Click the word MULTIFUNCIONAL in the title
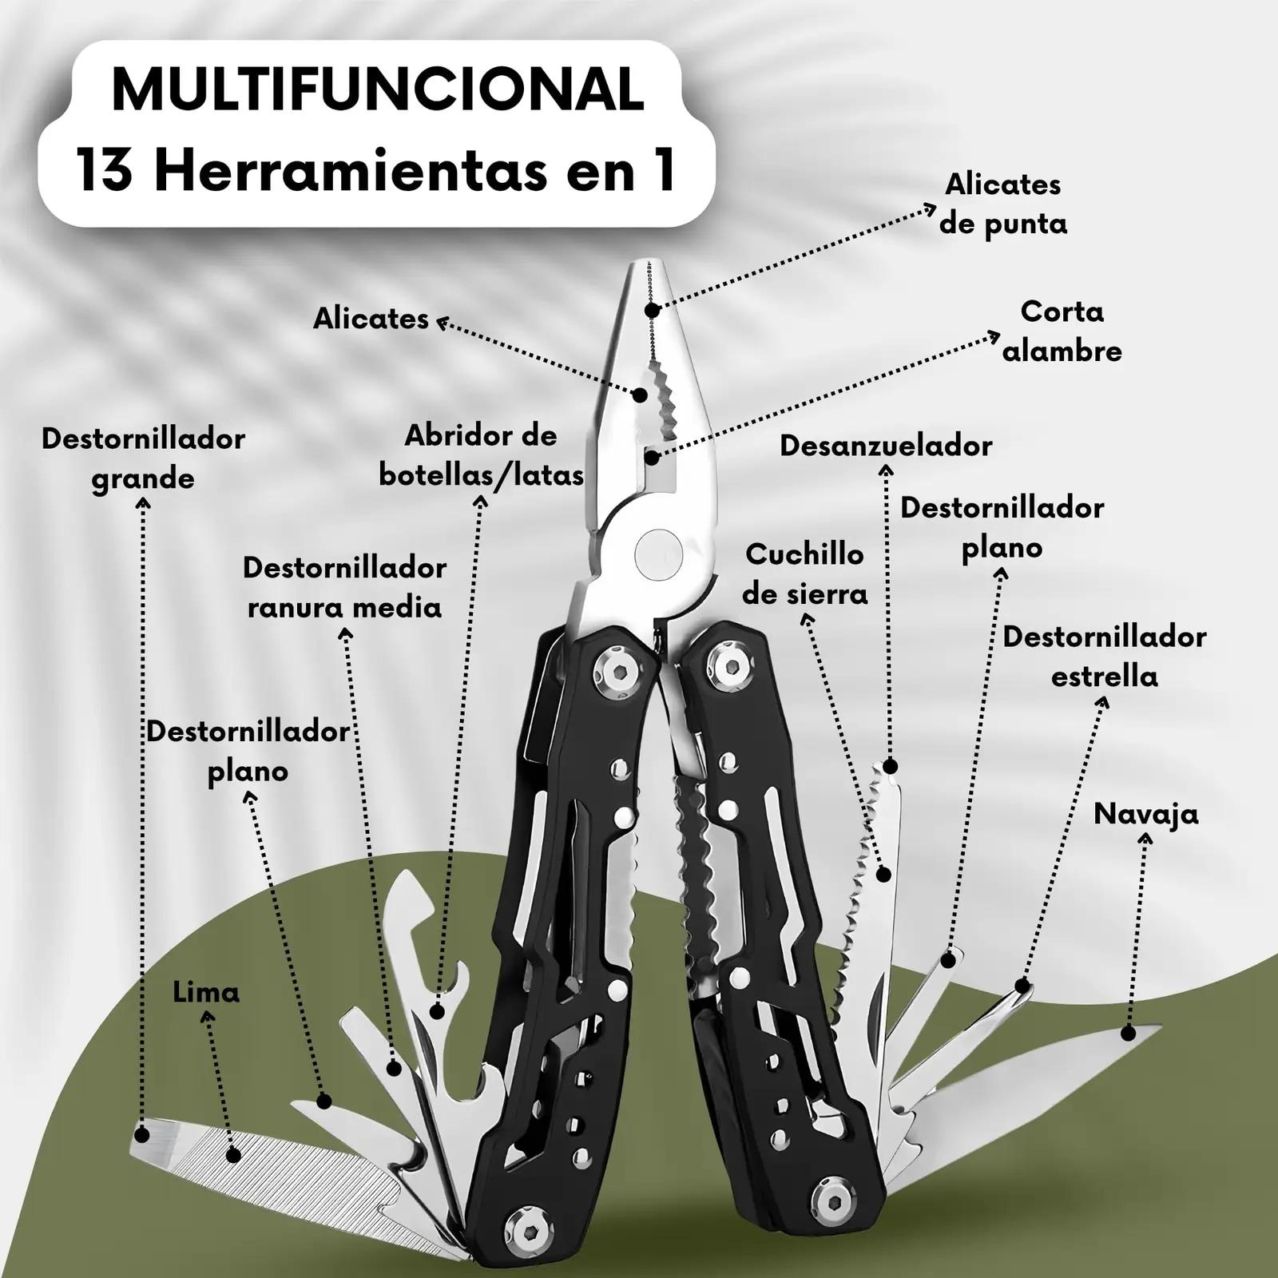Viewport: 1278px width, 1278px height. point(378,90)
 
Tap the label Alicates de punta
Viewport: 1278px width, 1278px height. point(1003,204)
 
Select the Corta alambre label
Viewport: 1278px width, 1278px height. point(1062,331)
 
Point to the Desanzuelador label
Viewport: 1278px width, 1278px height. point(886,445)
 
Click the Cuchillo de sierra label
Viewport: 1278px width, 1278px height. point(804,574)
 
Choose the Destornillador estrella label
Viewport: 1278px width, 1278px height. point(1105,656)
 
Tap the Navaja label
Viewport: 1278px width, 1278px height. point(1146,814)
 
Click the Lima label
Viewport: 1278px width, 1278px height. point(206,992)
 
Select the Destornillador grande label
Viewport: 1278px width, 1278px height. point(143,458)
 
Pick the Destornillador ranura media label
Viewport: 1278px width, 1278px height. point(344,587)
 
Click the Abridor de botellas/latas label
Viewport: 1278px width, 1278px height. point(481,455)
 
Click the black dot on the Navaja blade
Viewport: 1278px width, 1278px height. point(1128,1034)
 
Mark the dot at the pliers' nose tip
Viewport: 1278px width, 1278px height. point(653,310)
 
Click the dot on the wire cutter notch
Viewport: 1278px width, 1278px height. point(653,458)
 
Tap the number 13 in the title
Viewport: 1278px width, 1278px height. point(105,170)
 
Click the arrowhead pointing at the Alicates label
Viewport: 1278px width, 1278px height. point(442,323)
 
